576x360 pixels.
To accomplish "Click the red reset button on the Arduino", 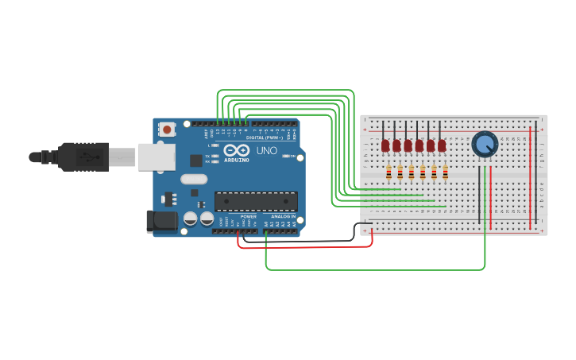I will pyautogui.click(x=166, y=129).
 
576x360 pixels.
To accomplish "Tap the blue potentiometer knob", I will pyautogui.click(x=484, y=144).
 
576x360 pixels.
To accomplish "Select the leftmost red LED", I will pyautogui.click(x=385, y=145).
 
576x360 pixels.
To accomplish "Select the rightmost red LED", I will pyautogui.click(x=442, y=145).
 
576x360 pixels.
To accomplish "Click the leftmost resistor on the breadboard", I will pyautogui.click(x=389, y=173).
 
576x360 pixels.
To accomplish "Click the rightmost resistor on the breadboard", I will pyautogui.click(x=445, y=173).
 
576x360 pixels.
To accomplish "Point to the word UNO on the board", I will pyautogui.click(x=266, y=150).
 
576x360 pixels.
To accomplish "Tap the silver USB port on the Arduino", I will pyautogui.click(x=157, y=157).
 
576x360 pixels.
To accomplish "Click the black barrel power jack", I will pyautogui.click(x=161, y=221).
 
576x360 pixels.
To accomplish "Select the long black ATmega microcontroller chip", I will pyautogui.click(x=256, y=202).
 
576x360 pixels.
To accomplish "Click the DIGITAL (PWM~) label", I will pyautogui.click(x=264, y=137).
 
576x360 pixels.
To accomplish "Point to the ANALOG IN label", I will pyautogui.click(x=282, y=216).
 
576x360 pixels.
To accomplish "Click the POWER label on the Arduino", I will pyautogui.click(x=249, y=216).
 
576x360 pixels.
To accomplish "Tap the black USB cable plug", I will pyautogui.click(x=83, y=157).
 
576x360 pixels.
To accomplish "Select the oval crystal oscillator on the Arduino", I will pyautogui.click(x=194, y=179).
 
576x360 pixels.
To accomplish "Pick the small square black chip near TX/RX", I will pyautogui.click(x=195, y=160).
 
